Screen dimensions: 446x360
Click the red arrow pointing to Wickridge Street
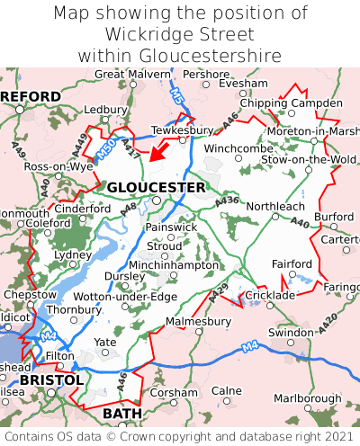pyautogui.click(x=160, y=150)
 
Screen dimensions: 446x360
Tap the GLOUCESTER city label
pyautogui.click(x=156, y=187)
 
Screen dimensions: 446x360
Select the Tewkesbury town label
pyautogui.click(x=183, y=129)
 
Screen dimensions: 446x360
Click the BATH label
pyautogui.click(x=122, y=413)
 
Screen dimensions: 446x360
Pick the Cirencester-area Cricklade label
pyautogui.click(x=270, y=295)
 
